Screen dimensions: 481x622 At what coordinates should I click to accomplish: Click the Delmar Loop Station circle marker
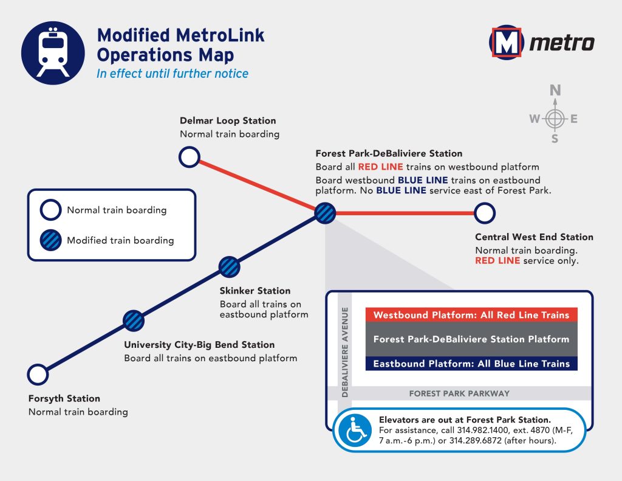[190, 157]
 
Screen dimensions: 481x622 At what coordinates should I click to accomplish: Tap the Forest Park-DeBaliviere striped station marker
[325, 213]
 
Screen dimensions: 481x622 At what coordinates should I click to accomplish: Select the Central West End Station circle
[485, 213]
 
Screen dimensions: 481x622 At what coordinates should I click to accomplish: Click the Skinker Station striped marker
[229, 266]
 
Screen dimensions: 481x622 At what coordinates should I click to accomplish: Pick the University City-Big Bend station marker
[134, 320]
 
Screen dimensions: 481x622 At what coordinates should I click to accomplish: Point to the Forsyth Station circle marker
[38, 375]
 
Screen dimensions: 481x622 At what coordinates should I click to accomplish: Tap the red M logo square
[506, 43]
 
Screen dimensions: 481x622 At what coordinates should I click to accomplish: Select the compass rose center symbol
[555, 119]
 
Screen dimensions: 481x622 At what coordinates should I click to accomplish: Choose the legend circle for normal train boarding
[50, 210]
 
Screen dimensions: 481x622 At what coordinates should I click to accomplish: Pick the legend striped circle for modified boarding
[50, 240]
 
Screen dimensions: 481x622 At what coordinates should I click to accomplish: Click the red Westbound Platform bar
[471, 315]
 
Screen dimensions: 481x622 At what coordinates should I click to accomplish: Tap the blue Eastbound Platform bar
[471, 364]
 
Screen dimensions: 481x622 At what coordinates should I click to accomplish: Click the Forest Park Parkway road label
[459, 393]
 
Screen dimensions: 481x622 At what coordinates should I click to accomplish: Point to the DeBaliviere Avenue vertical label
[345, 352]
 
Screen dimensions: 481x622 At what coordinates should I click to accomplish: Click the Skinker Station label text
[255, 291]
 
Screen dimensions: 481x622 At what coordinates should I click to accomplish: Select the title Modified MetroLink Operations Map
[180, 45]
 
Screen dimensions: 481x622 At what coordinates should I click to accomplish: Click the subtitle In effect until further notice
[173, 74]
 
